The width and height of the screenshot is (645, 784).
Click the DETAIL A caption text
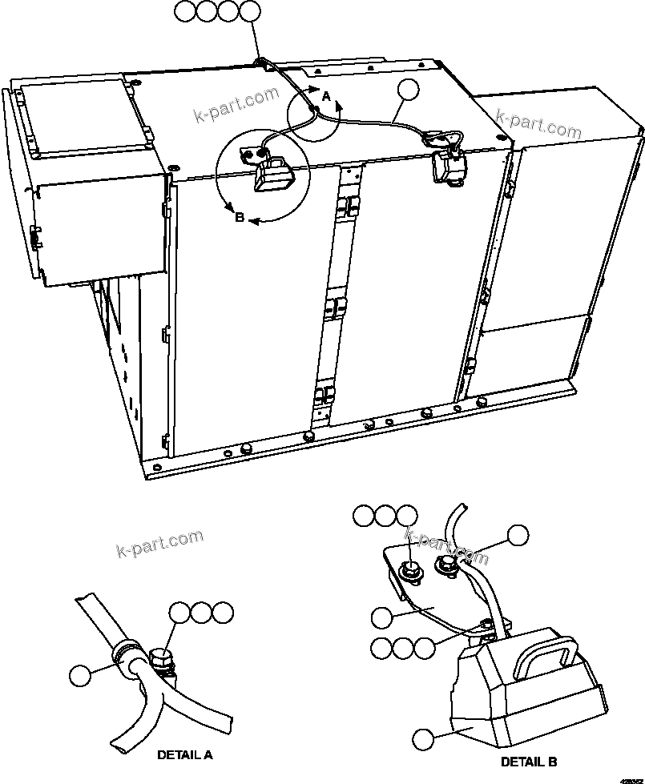coord(185,754)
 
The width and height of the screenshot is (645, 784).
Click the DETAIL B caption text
coord(529,762)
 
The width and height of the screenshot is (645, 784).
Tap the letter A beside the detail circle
coord(325,95)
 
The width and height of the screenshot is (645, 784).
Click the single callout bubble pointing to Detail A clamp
coord(81,675)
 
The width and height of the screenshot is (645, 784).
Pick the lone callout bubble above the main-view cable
coord(409,90)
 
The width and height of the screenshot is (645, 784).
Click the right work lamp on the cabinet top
coord(445,164)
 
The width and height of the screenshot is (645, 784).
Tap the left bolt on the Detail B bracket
coord(409,570)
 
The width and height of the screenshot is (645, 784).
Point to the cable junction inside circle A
coord(316,108)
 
